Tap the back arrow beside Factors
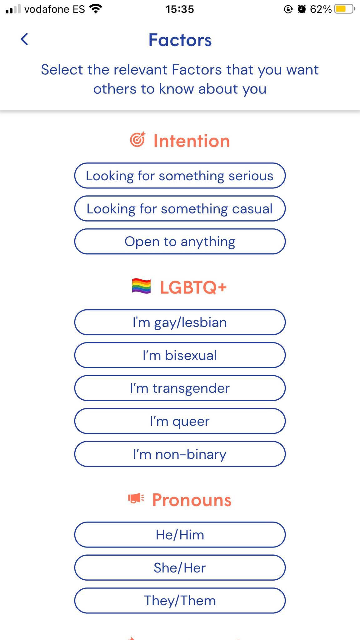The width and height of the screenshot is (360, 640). (x=24, y=39)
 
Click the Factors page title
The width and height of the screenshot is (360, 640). (x=180, y=40)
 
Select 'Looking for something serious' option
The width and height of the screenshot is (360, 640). (x=180, y=176)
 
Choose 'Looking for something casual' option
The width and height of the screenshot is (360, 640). (x=180, y=208)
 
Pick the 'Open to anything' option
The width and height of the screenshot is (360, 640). (x=180, y=242)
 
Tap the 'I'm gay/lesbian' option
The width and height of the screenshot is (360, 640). (x=180, y=322)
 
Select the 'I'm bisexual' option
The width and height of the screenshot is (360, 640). (x=180, y=355)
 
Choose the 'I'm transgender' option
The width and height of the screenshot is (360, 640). (x=180, y=388)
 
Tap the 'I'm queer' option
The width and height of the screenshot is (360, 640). (x=180, y=421)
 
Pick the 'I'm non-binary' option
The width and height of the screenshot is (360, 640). (x=180, y=454)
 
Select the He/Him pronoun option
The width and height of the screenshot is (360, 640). (x=180, y=535)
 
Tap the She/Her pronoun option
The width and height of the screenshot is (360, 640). (x=180, y=567)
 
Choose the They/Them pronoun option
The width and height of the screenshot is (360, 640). (x=180, y=601)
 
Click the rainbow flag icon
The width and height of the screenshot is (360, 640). (x=141, y=286)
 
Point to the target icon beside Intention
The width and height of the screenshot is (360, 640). (x=137, y=139)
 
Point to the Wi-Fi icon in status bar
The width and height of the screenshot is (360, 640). (x=96, y=9)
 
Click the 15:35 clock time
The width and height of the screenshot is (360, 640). (x=180, y=9)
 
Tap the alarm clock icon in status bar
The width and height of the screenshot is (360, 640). (x=302, y=9)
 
